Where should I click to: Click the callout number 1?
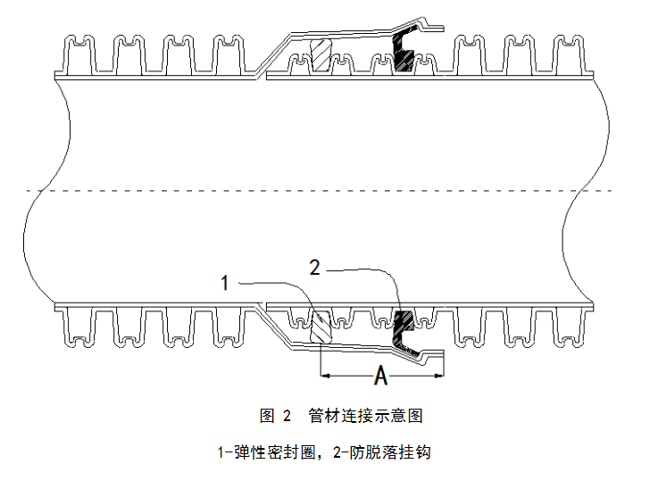(x=226, y=283)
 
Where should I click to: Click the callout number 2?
(x=314, y=266)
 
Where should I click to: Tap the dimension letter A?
(x=380, y=377)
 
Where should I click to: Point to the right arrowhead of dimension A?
(x=438, y=376)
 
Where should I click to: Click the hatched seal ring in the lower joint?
(x=320, y=325)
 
